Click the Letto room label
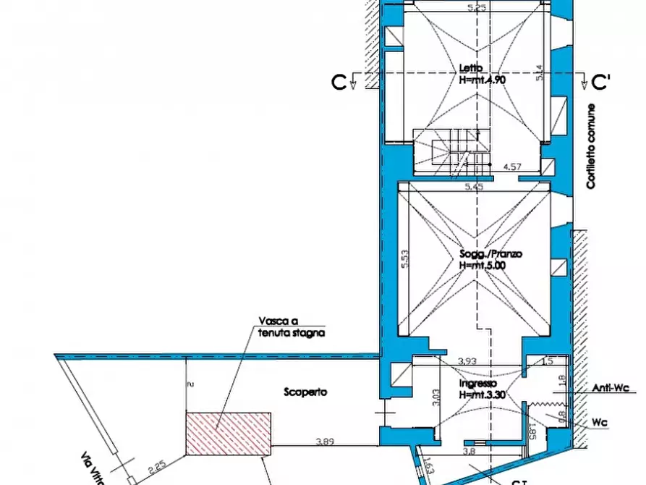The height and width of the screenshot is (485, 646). click(471, 69)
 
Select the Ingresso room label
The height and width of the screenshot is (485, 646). click(478, 383)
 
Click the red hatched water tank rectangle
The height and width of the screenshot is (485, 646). click(229, 434)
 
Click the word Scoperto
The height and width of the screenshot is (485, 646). click(305, 392)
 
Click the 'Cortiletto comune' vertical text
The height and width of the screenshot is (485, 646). click(591, 147)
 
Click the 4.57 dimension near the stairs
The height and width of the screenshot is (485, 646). click(512, 167)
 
